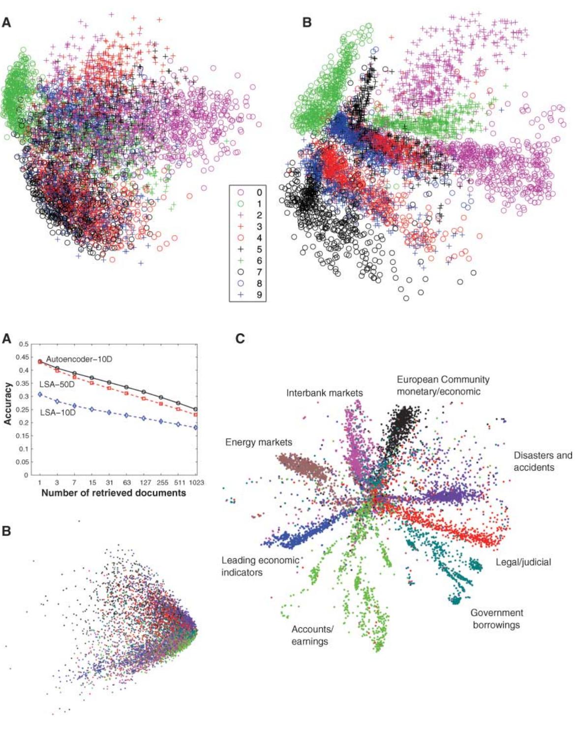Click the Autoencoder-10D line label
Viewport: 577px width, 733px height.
(x=79, y=359)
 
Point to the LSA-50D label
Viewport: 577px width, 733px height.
(x=57, y=384)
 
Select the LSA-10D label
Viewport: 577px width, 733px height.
(x=58, y=412)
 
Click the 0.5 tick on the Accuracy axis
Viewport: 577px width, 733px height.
(x=24, y=344)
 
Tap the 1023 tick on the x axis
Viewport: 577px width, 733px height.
(x=196, y=483)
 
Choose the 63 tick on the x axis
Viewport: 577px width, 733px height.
(x=126, y=483)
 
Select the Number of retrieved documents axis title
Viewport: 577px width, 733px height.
(x=114, y=493)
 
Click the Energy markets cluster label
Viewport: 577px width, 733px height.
(x=259, y=442)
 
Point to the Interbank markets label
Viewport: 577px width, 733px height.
(x=325, y=393)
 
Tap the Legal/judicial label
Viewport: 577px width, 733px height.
(x=523, y=562)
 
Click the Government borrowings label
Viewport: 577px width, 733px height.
(x=497, y=619)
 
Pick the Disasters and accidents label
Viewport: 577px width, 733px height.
(x=543, y=461)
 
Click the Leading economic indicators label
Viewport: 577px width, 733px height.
(x=260, y=566)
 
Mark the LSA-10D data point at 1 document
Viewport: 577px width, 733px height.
(x=39, y=394)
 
